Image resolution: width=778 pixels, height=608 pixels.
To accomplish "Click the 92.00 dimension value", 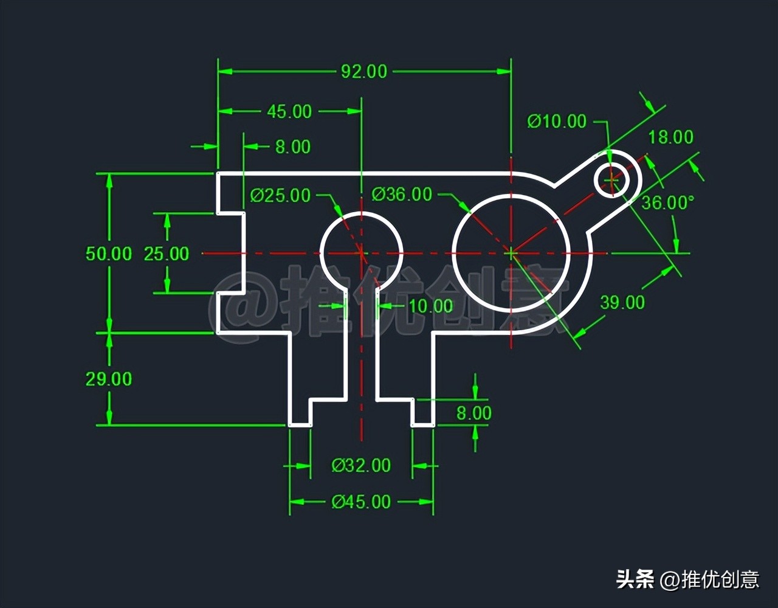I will click(x=363, y=72).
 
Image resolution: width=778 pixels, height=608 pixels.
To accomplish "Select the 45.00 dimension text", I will click(x=289, y=111).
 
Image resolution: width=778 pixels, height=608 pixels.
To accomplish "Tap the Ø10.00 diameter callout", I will click(x=557, y=121).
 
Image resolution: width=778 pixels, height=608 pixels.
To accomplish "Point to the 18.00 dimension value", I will click(x=670, y=137).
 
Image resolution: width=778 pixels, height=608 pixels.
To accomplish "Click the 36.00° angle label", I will click(x=667, y=202).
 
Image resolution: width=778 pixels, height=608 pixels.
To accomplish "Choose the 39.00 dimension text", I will click(x=622, y=302).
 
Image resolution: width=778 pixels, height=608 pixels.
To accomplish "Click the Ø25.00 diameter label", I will click(x=280, y=195).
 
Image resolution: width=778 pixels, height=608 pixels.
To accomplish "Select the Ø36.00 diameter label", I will click(x=402, y=195).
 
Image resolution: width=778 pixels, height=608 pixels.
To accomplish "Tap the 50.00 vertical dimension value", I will click(x=109, y=254).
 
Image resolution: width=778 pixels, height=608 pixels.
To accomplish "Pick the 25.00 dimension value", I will click(x=167, y=254).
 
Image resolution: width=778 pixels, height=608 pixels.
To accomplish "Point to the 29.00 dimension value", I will click(x=109, y=379).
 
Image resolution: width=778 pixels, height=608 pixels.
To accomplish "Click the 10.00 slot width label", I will click(x=431, y=306).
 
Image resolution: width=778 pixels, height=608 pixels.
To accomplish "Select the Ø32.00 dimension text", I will click(x=361, y=466).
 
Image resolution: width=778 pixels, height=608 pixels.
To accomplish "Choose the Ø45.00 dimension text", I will click(x=361, y=502).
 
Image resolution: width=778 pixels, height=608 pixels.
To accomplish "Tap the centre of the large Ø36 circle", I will click(x=511, y=252).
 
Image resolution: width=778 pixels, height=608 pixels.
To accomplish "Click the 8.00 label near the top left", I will click(x=292, y=147).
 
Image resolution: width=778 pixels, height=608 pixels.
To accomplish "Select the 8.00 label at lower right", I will click(x=474, y=413).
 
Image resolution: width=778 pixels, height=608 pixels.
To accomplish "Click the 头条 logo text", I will click(x=635, y=579).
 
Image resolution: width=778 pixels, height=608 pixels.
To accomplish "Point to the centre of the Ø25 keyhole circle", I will click(x=362, y=252).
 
